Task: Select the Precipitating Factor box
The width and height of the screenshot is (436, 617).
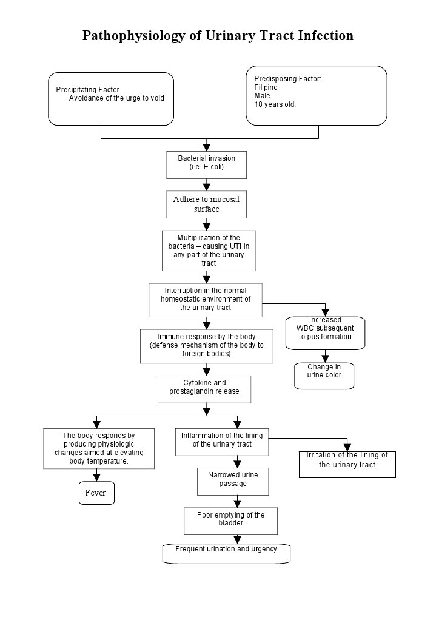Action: coord(110,99)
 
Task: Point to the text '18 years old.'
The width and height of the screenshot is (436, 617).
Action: coord(275,104)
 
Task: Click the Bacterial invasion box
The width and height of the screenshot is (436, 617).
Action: coord(206,164)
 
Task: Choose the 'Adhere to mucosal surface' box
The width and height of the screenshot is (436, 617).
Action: coord(206,204)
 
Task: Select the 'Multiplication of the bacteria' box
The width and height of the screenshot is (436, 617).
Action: coord(209,250)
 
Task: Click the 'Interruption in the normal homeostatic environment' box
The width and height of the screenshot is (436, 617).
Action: coord(206,299)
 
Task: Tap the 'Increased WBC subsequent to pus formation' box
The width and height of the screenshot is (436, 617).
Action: coord(325,332)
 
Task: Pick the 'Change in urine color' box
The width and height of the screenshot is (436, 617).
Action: coord(324,376)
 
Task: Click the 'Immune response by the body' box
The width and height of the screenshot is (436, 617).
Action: coord(206,346)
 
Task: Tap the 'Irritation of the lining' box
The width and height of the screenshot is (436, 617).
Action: coord(347,464)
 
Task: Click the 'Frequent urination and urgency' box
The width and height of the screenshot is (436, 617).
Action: coord(226,553)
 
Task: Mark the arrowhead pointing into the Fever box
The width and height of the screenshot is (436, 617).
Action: coord(96,477)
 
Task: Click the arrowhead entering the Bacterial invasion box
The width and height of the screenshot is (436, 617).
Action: coord(207,147)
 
